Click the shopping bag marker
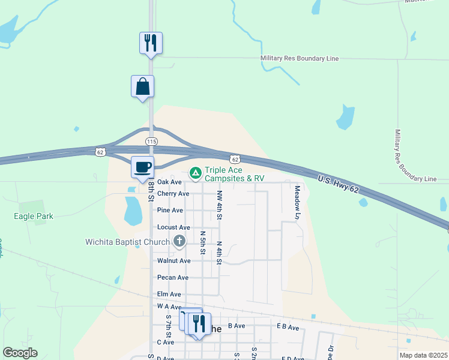click(142, 86)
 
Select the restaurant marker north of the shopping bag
click(151, 43)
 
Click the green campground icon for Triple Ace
click(195, 173)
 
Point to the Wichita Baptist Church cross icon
click(179, 242)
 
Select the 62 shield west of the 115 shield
click(100, 152)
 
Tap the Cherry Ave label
click(173, 194)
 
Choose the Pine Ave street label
click(170, 211)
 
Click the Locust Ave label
click(173, 227)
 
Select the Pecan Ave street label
click(173, 278)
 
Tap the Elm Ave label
click(169, 295)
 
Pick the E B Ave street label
click(288, 327)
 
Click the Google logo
click(20, 353)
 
